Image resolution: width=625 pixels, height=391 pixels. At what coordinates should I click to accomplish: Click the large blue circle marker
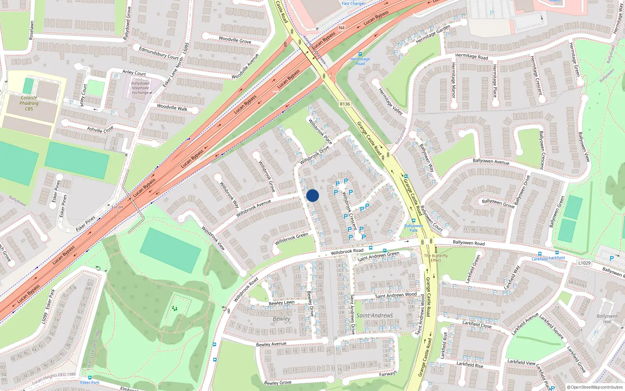tap(312, 195)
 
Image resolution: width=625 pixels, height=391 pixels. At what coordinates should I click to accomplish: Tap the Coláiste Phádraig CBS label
tap(29, 103)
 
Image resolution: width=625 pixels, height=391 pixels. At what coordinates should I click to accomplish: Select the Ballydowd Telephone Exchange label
tap(140, 88)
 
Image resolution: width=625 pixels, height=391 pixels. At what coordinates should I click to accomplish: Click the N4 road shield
tap(342, 28)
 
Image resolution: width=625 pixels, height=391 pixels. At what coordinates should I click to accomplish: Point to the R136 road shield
tap(345, 104)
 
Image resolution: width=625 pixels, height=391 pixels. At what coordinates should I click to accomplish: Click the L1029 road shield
tap(584, 263)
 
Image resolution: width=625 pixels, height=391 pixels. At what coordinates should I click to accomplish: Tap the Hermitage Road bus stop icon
tap(360, 54)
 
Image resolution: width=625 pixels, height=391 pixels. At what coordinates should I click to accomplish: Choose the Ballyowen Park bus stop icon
tap(413, 221)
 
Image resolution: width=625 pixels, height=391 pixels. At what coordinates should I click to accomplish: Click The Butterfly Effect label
tap(436, 258)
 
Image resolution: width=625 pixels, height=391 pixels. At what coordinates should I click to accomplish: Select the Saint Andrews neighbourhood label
tap(375, 316)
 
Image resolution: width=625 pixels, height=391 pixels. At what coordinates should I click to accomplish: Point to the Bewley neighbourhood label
tap(282, 319)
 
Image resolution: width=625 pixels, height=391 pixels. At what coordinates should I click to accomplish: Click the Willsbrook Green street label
tap(291, 239)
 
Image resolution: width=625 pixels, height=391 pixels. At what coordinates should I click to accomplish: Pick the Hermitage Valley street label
tap(391, 101)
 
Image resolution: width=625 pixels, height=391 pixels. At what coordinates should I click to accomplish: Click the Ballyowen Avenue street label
tap(491, 161)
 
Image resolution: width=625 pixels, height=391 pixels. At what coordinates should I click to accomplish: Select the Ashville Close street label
tap(100, 129)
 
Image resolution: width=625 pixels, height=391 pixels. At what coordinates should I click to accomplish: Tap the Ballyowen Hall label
tap(607, 319)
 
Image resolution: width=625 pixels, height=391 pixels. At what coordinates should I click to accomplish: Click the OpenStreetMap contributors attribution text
tap(595, 387)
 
